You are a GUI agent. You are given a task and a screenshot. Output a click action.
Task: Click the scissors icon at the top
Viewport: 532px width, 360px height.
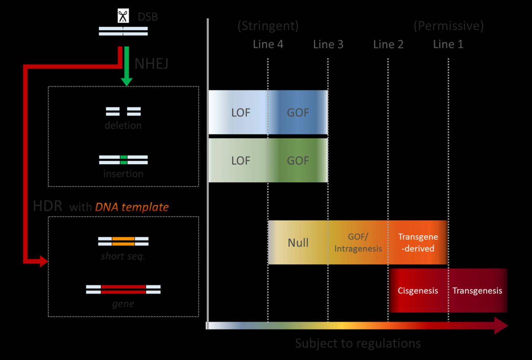pyautogui.click(x=123, y=17)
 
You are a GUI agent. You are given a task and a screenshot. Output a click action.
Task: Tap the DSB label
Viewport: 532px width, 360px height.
pyautogui.click(x=148, y=17)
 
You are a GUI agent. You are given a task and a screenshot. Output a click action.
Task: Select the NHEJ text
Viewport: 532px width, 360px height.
pyautogui.click(x=151, y=64)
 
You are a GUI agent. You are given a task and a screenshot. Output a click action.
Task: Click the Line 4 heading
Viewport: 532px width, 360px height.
pyautogui.click(x=268, y=44)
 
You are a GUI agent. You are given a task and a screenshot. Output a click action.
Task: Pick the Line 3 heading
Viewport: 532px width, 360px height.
pyautogui.click(x=328, y=44)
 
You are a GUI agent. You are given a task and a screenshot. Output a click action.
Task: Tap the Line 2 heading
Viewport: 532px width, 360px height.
pyautogui.click(x=388, y=44)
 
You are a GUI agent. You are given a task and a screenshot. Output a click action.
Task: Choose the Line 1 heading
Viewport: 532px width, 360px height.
pyautogui.click(x=448, y=44)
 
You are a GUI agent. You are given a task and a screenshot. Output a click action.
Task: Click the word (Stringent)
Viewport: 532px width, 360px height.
pyautogui.click(x=268, y=26)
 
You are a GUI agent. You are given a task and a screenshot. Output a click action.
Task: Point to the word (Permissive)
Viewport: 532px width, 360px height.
pyautogui.click(x=448, y=26)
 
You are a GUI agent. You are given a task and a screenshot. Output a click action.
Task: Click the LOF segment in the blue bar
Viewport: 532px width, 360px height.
pyautogui.click(x=241, y=113)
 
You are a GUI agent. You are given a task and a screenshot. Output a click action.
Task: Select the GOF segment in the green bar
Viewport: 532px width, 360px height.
pyautogui.click(x=298, y=161)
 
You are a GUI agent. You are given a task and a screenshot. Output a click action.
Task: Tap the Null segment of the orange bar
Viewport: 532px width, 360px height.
pyautogui.click(x=298, y=243)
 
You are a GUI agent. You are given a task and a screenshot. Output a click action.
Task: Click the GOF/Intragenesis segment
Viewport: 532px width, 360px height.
pyautogui.click(x=358, y=243)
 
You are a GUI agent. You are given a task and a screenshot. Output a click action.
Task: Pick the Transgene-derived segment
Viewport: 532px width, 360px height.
pyautogui.click(x=418, y=243)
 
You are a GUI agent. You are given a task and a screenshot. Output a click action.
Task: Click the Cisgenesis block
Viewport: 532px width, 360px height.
pyautogui.click(x=418, y=291)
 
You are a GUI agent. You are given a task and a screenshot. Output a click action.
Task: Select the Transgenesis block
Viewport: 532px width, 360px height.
pyautogui.click(x=477, y=291)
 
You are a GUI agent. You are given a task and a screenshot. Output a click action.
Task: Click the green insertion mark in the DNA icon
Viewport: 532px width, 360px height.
pyautogui.click(x=123, y=160)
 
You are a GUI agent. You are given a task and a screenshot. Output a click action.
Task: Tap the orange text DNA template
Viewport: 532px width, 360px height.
pyautogui.click(x=132, y=207)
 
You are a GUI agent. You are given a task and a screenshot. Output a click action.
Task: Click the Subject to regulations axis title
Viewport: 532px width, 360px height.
pyautogui.click(x=358, y=343)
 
